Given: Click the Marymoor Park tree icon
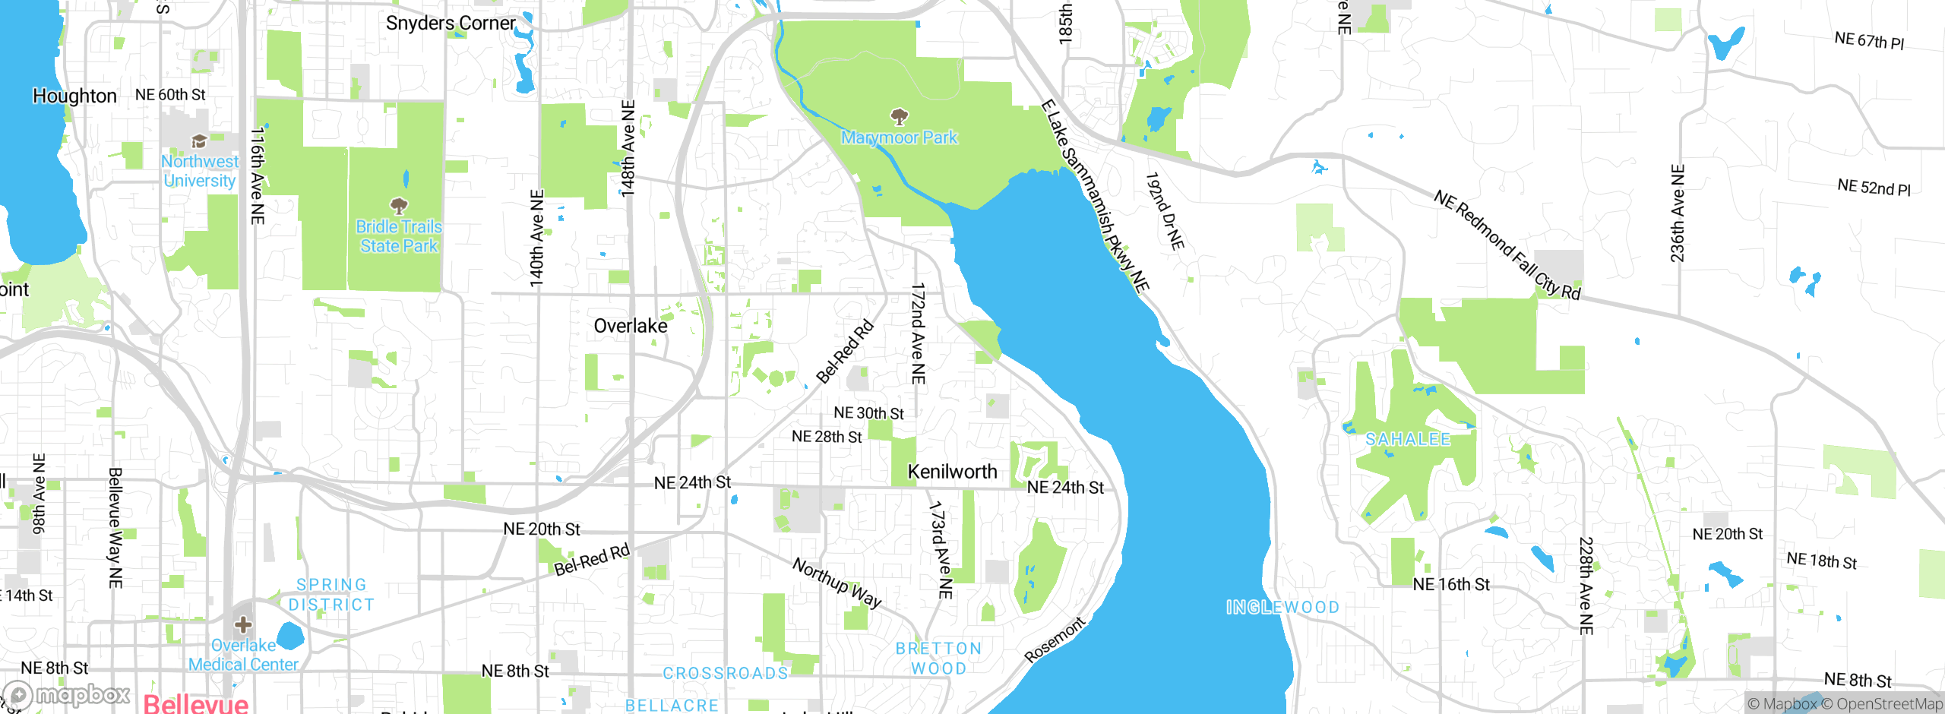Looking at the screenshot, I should tap(900, 116).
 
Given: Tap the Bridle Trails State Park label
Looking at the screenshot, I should tap(399, 236).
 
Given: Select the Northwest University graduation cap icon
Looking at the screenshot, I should tap(199, 141).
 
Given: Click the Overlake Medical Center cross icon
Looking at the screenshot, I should tap(243, 624).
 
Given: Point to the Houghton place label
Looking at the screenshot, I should tap(74, 96).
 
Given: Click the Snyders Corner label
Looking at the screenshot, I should tap(451, 23).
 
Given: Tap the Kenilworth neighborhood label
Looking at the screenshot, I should tap(952, 472).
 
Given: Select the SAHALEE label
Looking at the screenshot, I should tap(1408, 439).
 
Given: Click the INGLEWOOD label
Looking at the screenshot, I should tap(1282, 607).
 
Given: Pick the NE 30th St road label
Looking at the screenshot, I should tap(868, 413).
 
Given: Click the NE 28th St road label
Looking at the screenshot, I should tap(827, 437).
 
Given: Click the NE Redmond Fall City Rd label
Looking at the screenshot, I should tap(1507, 245).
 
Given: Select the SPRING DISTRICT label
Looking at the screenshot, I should tap(331, 595).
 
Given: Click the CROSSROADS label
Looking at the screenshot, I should tap(726, 673).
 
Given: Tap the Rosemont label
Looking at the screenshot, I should tap(1055, 640).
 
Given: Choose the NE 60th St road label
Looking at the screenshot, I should tap(170, 95).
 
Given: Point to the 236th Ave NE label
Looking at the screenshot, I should tap(1678, 213).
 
